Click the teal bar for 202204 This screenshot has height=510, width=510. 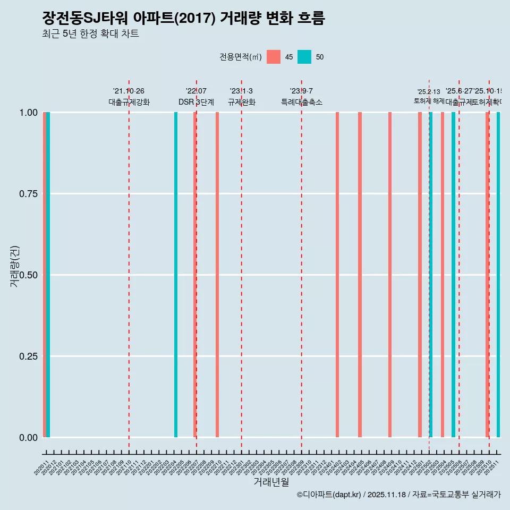click(x=176, y=275)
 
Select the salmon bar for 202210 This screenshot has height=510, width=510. click(x=217, y=275)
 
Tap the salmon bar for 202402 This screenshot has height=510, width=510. click(x=337, y=275)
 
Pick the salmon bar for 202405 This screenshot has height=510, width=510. click(x=360, y=275)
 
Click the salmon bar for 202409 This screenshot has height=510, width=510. click(x=390, y=275)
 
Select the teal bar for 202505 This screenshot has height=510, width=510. click(x=453, y=275)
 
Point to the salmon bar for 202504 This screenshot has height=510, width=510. click(x=443, y=275)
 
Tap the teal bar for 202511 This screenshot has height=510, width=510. click(x=498, y=275)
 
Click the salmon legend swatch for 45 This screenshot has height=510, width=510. click(x=274, y=57)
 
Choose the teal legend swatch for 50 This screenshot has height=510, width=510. click(x=304, y=57)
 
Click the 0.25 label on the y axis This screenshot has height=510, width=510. click(x=27, y=356)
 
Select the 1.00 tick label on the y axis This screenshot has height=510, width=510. click(x=27, y=113)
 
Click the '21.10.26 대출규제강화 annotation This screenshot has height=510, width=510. click(x=129, y=97)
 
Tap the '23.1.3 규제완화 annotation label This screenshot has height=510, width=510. click(x=242, y=97)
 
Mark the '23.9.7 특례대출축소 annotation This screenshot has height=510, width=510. click(x=302, y=97)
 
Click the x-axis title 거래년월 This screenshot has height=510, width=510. click(x=271, y=482)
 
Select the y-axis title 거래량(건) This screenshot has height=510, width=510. click(x=14, y=267)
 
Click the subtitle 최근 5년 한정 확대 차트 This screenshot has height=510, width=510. click(x=90, y=34)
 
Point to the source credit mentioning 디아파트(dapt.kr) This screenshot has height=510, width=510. click(x=398, y=495)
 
